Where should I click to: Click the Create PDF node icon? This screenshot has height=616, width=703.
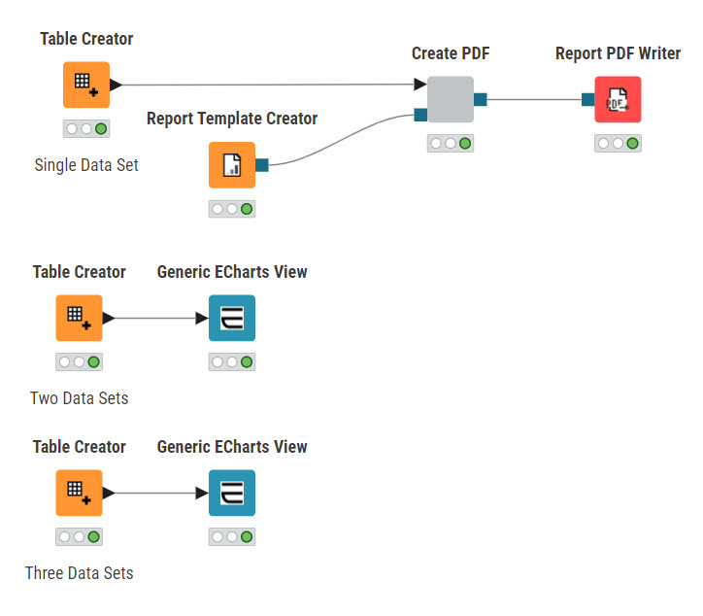coord(451,99)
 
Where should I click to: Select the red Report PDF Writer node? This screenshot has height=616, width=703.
coord(618,99)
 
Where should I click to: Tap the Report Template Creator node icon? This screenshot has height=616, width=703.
coord(232,165)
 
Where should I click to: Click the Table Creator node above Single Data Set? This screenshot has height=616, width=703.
coord(86,85)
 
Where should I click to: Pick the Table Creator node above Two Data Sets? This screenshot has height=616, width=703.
coord(80,318)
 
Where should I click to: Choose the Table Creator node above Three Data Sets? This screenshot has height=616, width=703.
coord(80,493)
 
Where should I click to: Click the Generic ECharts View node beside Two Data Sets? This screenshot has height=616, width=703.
coord(232,318)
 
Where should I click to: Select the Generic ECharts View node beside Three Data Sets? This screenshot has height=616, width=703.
coord(232,493)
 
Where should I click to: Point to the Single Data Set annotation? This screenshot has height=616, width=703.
coord(86,165)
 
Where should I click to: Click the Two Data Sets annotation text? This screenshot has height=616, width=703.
coord(80,398)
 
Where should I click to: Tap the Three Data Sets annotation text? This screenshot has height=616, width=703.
coord(80,573)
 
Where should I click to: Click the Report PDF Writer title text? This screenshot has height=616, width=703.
coord(618,53)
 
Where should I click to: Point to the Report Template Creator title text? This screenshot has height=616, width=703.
coord(232,119)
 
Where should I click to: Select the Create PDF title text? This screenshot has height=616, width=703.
coord(451,53)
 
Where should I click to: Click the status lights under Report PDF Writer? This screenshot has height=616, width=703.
coord(618,144)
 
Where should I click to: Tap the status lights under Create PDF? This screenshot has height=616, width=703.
coord(451,144)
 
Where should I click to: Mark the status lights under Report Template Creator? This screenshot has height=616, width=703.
coord(232,209)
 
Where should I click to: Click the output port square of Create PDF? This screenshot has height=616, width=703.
coord(481,99)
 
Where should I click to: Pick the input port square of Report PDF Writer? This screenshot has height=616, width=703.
coord(587,99)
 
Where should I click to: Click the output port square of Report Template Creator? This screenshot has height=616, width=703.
coord(262,165)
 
